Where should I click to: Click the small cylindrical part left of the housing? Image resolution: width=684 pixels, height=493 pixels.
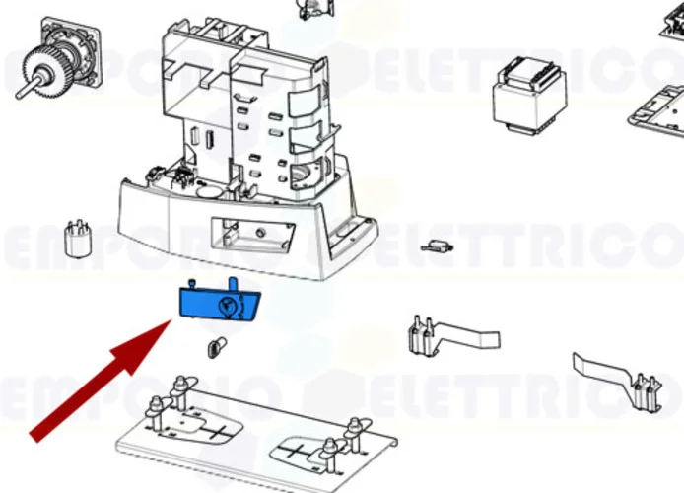pos(72,239)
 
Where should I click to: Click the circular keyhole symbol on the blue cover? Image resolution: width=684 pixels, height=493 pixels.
pos(229,306)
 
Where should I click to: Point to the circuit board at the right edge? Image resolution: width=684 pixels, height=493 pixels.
pos(656,108)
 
